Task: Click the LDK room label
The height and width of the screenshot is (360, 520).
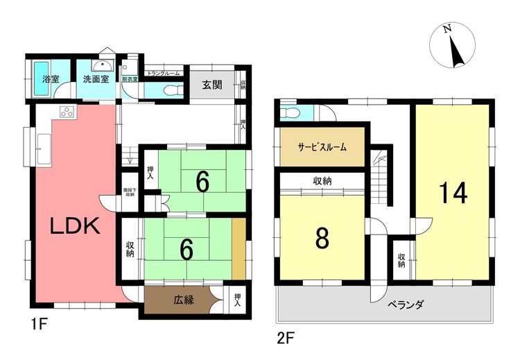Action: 75,226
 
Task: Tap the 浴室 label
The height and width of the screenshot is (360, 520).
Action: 50,80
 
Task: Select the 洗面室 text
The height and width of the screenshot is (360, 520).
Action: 96,80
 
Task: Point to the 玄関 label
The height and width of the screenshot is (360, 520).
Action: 212,85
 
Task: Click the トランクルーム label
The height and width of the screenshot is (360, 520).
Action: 163,73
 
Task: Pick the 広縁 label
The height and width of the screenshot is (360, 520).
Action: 184,301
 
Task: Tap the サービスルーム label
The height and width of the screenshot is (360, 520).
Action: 322,148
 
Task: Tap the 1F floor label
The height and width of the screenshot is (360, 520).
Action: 36,323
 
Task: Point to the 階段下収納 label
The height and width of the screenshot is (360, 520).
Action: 129,191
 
